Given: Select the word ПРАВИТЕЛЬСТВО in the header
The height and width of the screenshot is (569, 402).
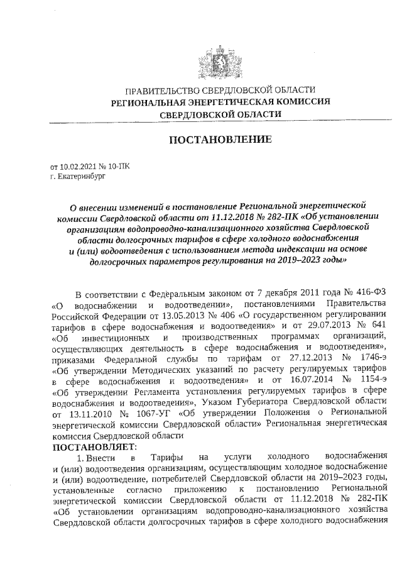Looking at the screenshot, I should (x=160, y=90).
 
